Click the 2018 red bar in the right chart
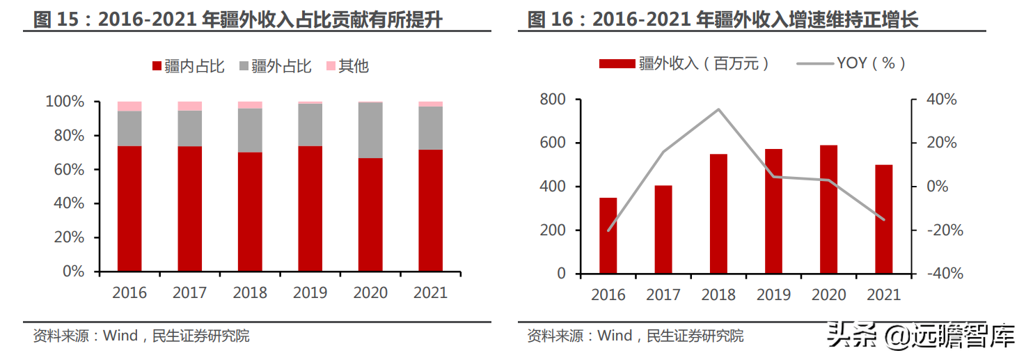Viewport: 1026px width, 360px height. pyautogui.click(x=718, y=213)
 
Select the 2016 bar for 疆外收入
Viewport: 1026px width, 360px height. pyautogui.click(x=608, y=235)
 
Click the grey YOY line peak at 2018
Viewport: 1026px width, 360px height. pyautogui.click(x=718, y=109)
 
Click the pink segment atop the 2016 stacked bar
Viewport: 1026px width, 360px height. pyautogui.click(x=129, y=106)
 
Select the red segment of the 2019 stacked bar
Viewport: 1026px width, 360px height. pyautogui.click(x=310, y=208)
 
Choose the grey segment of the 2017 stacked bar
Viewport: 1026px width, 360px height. pyautogui.click(x=189, y=128)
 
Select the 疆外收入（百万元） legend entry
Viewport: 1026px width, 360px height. pyautogui.click(x=686, y=64)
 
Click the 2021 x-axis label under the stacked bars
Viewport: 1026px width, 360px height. pyautogui.click(x=430, y=292)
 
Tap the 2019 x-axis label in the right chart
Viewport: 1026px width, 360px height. pyautogui.click(x=773, y=295)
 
